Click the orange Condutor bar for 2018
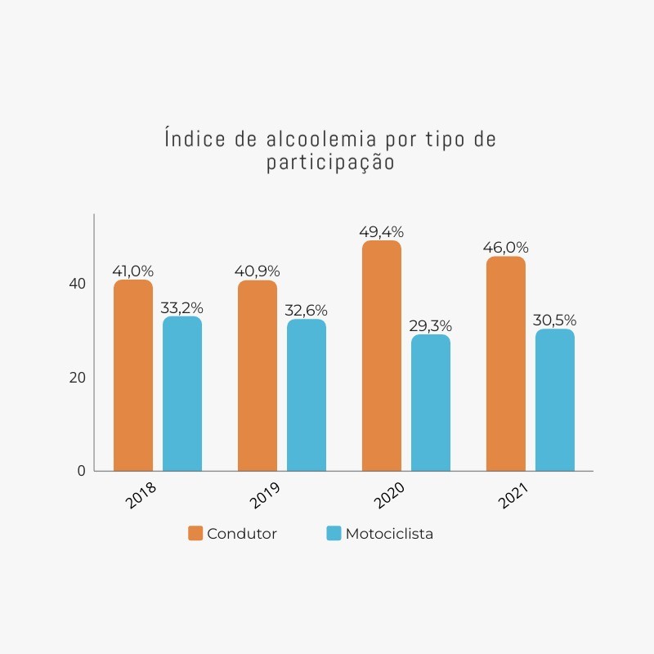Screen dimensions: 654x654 (133, 375)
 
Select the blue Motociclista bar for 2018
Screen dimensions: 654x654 (182, 394)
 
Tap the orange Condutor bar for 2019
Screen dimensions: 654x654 (258, 376)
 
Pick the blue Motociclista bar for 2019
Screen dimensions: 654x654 (307, 395)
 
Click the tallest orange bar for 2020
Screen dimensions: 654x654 (382, 356)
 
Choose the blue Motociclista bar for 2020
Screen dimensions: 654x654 (431, 403)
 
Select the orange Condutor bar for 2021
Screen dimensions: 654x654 (506, 364)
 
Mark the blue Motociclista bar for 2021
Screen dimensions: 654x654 (555, 400)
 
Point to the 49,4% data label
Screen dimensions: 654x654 (381, 232)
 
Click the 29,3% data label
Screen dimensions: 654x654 (431, 326)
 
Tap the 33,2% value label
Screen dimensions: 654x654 (181, 308)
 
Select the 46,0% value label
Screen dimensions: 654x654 (505, 248)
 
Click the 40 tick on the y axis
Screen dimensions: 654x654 (77, 284)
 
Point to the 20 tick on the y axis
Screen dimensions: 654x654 (77, 378)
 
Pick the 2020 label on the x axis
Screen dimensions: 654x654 (389, 495)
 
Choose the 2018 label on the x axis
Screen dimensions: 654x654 (141, 495)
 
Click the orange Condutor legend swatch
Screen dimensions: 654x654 (195, 533)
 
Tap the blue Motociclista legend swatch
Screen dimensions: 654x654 (334, 533)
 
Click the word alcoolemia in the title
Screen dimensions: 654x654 (321, 139)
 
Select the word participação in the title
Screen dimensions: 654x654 (330, 162)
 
